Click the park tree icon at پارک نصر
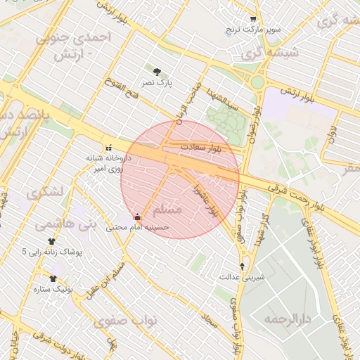156,71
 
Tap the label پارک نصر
156,83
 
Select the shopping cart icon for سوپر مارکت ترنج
254,19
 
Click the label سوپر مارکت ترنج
253,30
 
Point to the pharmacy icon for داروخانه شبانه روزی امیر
108,148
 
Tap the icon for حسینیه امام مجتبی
136,217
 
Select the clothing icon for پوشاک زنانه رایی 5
51,241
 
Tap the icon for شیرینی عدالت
243,266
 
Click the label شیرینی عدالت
243,277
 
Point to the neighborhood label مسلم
167,210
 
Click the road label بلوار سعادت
200,148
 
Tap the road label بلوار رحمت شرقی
295,196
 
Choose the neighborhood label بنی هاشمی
56,224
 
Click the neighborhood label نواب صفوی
127,320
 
